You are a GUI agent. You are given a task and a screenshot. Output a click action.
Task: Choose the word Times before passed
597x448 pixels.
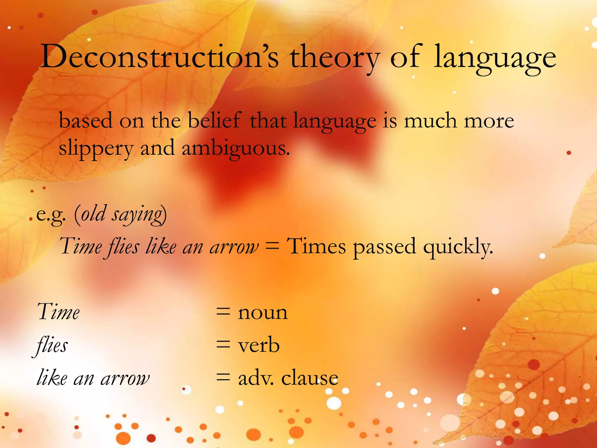click(x=317, y=246)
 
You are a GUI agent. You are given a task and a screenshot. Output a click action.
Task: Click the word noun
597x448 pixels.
click(x=263, y=313)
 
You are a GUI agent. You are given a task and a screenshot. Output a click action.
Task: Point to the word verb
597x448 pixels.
click(x=259, y=345)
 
